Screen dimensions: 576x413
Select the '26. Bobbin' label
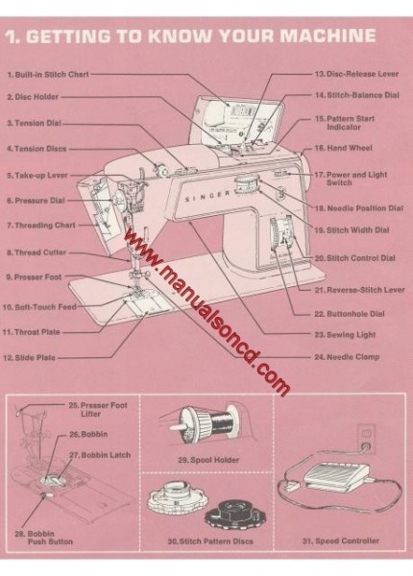(84, 435)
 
